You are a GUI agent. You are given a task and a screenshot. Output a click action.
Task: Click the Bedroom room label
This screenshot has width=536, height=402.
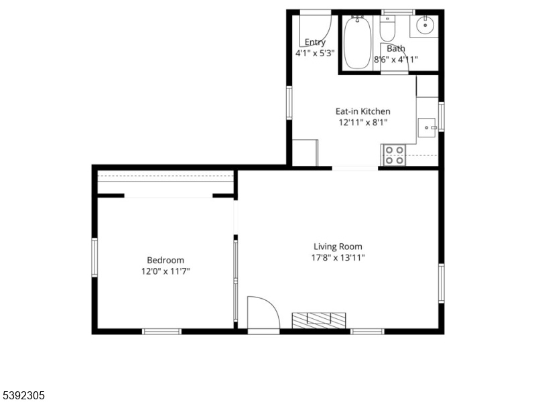point(165,260)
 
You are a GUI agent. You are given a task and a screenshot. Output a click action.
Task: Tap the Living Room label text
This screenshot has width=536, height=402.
point(338,247)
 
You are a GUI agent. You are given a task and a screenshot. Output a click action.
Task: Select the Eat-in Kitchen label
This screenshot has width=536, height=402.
point(362,111)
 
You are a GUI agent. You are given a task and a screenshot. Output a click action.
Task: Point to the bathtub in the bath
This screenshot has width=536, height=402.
point(357,43)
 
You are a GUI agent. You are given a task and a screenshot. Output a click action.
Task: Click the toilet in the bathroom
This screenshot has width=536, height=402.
point(387,28)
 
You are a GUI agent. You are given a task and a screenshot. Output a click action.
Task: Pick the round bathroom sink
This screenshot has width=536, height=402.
point(425,25)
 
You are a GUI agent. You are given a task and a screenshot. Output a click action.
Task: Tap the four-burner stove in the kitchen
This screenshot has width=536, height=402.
point(394,155)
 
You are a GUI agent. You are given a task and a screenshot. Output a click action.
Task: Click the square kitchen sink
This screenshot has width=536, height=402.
point(427,127)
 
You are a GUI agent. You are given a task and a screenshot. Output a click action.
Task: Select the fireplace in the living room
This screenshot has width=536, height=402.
point(319,320)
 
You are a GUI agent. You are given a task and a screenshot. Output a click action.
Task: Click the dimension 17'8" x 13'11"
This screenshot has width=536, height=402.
point(338,257)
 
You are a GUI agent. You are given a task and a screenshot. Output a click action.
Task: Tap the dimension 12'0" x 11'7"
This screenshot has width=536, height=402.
point(165,271)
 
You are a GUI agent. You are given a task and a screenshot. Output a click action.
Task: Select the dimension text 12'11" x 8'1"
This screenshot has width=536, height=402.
point(362,123)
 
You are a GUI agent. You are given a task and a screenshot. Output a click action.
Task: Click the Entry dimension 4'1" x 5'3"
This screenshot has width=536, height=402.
point(314,53)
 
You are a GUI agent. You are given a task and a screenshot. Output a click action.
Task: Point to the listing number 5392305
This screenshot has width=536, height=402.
point(22,395)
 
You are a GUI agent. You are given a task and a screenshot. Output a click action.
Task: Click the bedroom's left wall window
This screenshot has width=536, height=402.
point(94,257)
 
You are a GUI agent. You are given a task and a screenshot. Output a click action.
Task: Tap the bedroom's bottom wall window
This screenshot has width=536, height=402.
point(161,331)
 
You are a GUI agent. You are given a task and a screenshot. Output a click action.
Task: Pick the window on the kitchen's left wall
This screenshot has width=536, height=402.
point(289,103)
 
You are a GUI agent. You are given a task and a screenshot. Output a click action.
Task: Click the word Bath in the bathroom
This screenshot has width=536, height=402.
point(396,48)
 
